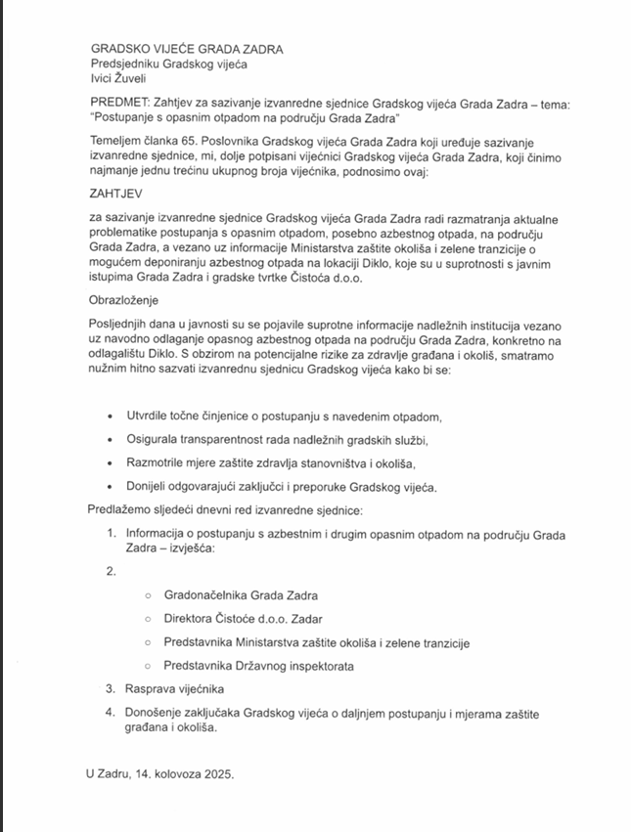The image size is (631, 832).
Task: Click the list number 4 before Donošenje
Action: click(111, 713)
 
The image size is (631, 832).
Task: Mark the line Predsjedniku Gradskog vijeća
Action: click(169, 64)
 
